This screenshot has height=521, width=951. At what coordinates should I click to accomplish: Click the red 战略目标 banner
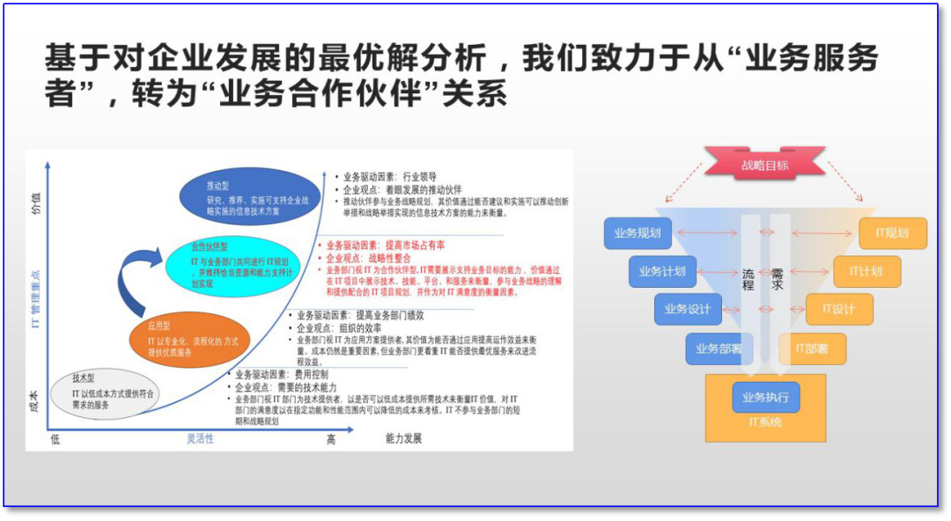[x=764, y=165]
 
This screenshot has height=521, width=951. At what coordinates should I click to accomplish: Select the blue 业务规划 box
[x=638, y=233]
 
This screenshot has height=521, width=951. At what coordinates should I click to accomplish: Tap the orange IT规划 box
[x=892, y=233]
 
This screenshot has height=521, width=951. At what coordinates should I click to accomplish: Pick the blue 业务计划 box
[x=662, y=271]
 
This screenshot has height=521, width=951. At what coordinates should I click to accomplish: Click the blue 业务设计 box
[x=687, y=309]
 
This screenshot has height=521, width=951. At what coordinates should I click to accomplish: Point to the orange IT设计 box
[x=839, y=309]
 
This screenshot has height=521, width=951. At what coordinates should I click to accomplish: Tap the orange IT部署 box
[x=812, y=349]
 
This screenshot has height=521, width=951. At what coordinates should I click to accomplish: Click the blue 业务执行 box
[x=765, y=397]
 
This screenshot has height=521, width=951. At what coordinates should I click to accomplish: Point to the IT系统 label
[x=764, y=423]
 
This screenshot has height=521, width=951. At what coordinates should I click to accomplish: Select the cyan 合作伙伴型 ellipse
[x=226, y=266]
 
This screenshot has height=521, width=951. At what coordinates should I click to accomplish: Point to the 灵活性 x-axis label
[x=200, y=438]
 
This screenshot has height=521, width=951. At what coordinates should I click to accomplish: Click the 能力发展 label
[x=404, y=438]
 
